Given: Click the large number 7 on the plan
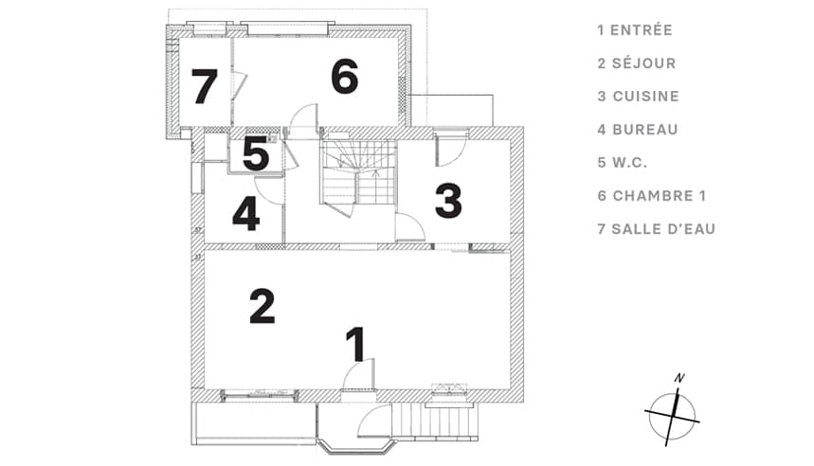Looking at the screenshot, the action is (x=204, y=86).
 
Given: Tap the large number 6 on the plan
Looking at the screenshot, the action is (x=345, y=77).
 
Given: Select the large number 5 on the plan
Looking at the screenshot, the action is (x=256, y=153).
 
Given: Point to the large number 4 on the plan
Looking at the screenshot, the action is (x=246, y=212).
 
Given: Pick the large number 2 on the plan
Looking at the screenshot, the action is (x=262, y=306).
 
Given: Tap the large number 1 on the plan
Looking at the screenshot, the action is (x=357, y=344).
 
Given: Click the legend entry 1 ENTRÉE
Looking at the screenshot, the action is (x=635, y=30).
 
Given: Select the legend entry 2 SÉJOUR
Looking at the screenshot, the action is (x=637, y=63).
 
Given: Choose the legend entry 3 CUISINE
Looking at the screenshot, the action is (x=638, y=97).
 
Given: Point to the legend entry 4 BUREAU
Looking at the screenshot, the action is (x=638, y=130).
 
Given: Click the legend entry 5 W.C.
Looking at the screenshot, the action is (x=623, y=163).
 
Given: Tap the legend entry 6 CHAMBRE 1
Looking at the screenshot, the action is (x=652, y=196).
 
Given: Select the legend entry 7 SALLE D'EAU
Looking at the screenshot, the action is (x=656, y=229).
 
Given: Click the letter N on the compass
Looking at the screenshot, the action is (x=679, y=378).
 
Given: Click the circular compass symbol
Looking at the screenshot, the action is (x=673, y=416).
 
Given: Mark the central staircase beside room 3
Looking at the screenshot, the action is (x=358, y=174).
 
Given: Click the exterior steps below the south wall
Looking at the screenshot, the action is (x=434, y=421).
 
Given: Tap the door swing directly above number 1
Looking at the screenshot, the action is (x=358, y=373).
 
